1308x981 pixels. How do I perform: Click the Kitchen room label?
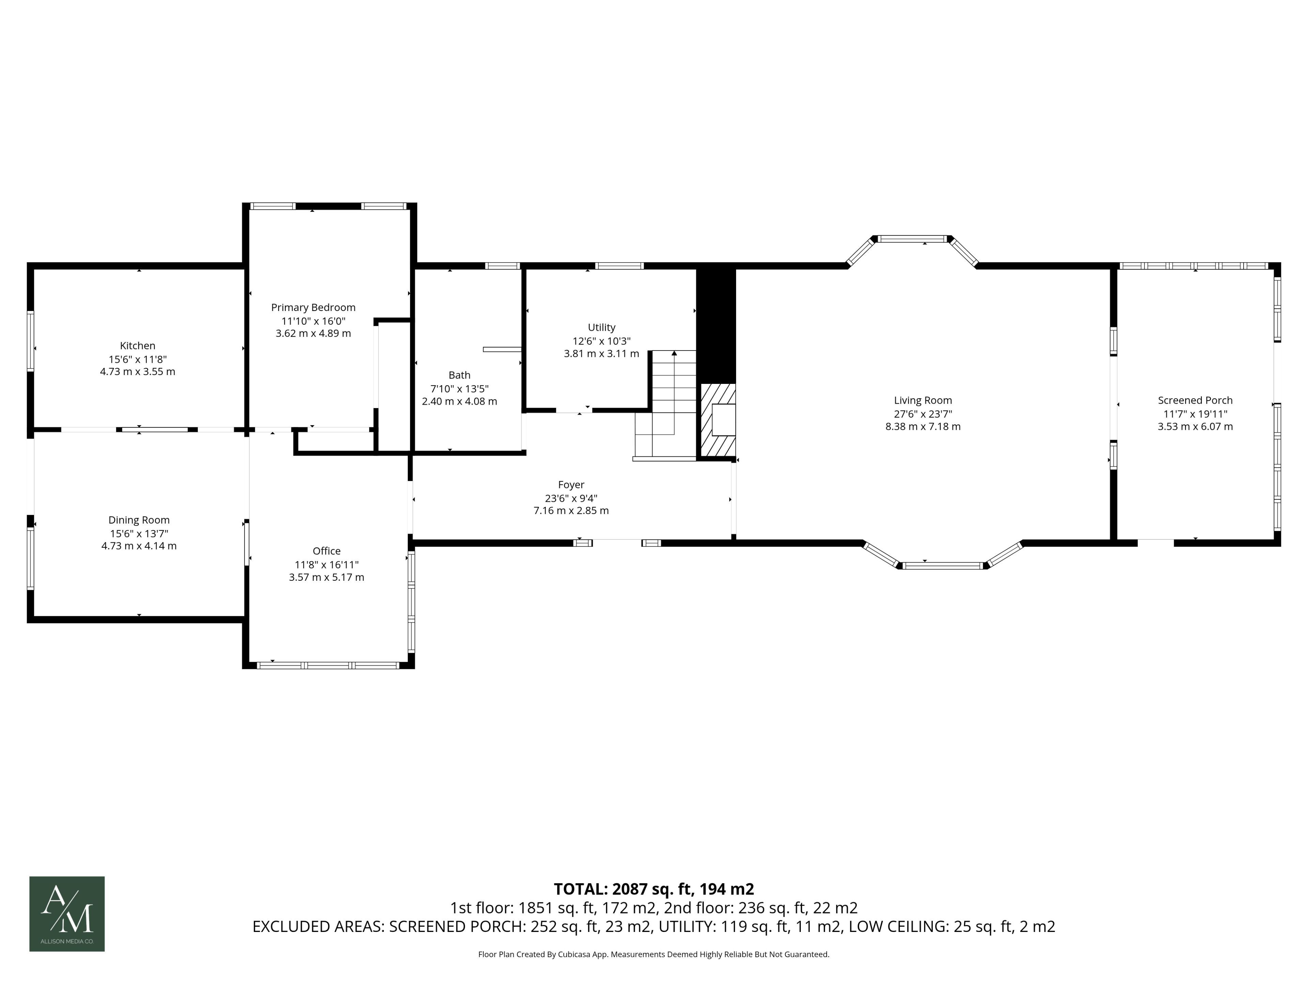point(138,346)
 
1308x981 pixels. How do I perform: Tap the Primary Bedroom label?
point(313,308)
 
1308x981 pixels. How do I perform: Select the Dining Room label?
point(139,520)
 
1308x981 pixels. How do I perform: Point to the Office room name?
point(326,551)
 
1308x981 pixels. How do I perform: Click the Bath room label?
point(460,375)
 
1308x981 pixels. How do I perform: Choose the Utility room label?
point(601,328)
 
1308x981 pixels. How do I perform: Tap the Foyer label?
point(571,485)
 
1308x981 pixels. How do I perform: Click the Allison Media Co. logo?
point(67,914)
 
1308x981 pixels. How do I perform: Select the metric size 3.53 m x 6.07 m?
point(1195,427)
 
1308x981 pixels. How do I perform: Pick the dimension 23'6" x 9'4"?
point(571,498)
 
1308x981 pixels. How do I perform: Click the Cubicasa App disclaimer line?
point(653,954)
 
